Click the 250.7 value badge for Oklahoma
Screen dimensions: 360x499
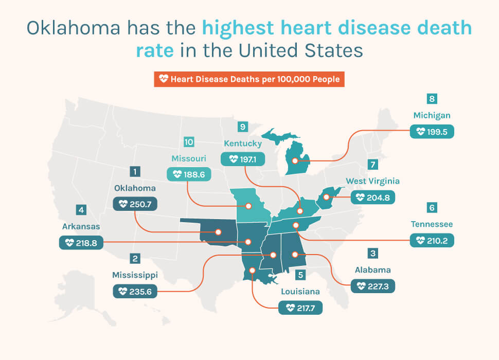[135, 204]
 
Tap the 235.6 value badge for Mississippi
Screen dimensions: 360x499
[135, 291]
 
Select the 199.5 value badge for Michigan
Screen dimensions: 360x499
[432, 132]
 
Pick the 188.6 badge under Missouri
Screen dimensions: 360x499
[189, 174]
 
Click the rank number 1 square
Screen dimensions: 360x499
[134, 171]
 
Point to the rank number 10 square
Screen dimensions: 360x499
[189, 141]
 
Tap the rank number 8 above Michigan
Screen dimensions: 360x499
[432, 99]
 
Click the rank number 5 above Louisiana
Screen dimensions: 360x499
[300, 275]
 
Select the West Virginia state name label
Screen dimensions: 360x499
[372, 181]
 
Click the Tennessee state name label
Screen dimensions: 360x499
[432, 224]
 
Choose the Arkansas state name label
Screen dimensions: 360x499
[81, 226]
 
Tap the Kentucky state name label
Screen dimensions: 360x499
[242, 143]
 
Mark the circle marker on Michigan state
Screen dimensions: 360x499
[295, 160]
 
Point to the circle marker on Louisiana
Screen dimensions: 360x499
[252, 271]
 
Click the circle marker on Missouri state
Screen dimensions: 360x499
[248, 206]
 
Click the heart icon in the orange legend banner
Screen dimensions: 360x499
[164, 79]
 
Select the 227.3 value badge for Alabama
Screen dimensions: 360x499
[372, 285]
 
